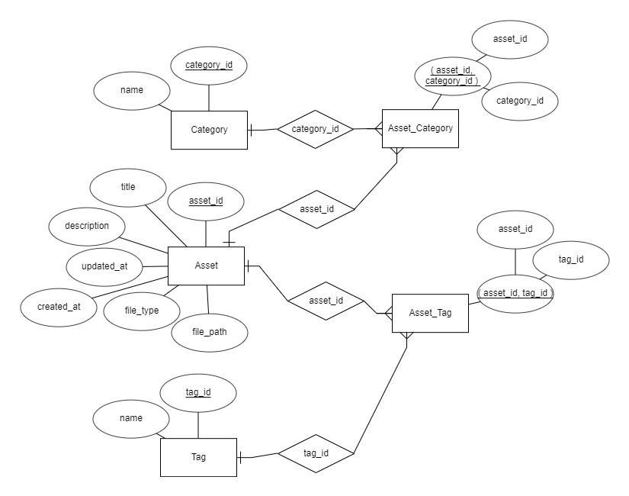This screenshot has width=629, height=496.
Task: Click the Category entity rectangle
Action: tap(209, 130)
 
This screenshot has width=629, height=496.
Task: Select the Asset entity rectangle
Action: tap(206, 266)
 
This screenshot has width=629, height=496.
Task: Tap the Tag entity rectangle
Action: tap(198, 457)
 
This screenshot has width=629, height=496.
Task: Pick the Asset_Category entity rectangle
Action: tap(420, 128)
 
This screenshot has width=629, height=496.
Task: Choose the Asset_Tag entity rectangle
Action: tap(430, 313)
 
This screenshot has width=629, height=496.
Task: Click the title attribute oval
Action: tap(128, 187)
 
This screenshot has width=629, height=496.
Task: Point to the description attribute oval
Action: tap(87, 226)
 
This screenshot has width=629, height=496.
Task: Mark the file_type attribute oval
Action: tap(142, 311)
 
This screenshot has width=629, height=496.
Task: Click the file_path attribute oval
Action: tap(209, 332)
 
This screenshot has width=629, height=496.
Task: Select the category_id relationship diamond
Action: tap(315, 130)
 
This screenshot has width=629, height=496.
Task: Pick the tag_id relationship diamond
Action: tap(316, 453)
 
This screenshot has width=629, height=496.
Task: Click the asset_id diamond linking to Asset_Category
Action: tap(316, 209)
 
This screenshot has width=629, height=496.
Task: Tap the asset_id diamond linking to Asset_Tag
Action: tap(326, 301)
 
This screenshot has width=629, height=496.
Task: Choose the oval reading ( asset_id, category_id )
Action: tap(452, 76)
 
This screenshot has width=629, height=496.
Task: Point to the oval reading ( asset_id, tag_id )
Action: tap(515, 294)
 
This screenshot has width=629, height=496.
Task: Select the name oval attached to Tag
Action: tap(132, 418)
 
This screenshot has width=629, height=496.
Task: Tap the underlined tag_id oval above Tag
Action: tap(198, 392)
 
